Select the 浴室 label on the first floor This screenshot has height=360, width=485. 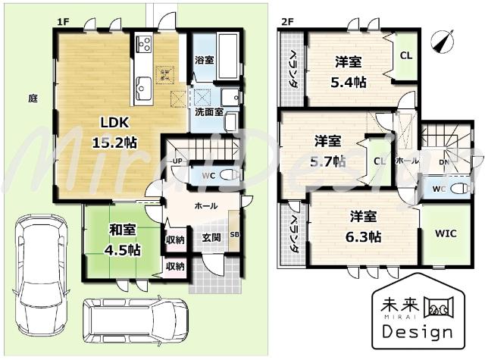tap(204, 60)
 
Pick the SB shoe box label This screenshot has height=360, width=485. tap(235, 234)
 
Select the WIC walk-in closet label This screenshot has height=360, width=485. tap(446, 233)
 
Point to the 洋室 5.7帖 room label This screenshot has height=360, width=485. tap(329, 151)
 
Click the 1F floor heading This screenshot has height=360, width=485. tap(63, 23)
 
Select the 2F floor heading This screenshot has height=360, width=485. tap(287, 23)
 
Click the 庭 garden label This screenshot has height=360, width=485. tap(33, 98)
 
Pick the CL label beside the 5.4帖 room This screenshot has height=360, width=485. tap(406, 55)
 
